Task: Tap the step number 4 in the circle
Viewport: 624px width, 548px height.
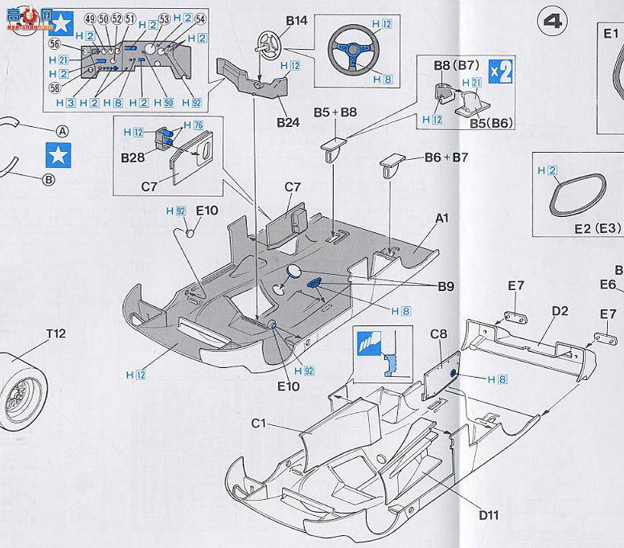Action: click(x=554, y=21)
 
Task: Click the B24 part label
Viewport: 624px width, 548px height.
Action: click(x=288, y=122)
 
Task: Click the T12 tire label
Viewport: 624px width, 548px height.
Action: click(x=56, y=333)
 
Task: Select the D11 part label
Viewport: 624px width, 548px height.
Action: click(x=490, y=515)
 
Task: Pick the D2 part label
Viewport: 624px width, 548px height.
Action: click(x=560, y=311)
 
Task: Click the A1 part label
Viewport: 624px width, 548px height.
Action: click(x=441, y=218)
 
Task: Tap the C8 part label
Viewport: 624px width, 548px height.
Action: click(x=439, y=334)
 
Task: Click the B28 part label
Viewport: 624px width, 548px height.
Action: click(x=133, y=157)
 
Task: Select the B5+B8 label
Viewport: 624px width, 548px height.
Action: click(x=335, y=112)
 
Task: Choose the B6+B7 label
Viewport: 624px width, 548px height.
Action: click(x=446, y=157)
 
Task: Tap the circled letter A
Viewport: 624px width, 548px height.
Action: click(x=62, y=132)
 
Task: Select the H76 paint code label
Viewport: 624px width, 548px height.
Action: click(x=194, y=125)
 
